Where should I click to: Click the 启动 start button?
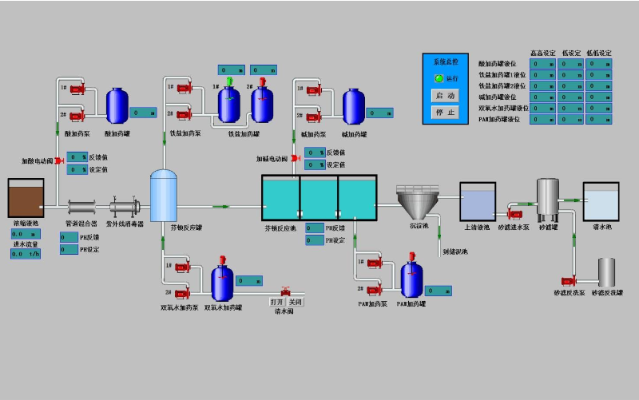[446, 95]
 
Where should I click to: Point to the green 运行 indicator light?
[439, 78]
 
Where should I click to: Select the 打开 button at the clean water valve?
[276, 302]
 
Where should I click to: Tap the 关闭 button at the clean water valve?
[296, 302]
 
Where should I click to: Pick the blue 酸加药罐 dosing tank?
[117, 104]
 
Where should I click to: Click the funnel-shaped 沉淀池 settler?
[419, 203]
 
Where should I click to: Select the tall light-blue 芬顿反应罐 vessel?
[163, 196]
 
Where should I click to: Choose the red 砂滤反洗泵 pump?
[570, 280]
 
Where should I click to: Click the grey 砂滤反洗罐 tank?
[606, 272]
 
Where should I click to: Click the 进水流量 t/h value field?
[26, 254]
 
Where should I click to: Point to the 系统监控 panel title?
[445, 61]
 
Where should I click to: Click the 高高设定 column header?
[543, 53]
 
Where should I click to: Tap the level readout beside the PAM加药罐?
[439, 291]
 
